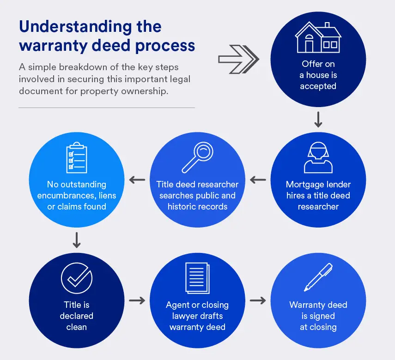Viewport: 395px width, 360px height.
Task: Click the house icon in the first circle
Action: coord(318,37)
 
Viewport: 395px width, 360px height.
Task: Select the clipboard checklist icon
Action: coord(77,159)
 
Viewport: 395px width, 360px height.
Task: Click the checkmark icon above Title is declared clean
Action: coord(77,279)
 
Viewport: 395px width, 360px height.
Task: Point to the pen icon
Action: coord(318,277)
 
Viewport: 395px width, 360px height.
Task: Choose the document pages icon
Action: coord(197,278)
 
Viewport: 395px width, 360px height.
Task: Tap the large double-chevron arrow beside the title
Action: coord(238,59)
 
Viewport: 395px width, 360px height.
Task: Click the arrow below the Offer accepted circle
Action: coord(318,120)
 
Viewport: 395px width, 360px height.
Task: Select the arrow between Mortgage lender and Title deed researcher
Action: coord(258,179)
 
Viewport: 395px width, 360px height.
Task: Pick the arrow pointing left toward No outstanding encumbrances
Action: coord(137,179)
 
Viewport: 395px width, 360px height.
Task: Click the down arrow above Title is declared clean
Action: coord(77,240)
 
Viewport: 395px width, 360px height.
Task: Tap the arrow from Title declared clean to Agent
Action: coord(137,300)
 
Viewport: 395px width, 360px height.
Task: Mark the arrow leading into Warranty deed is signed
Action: coord(258,300)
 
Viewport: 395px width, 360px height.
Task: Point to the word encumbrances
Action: coord(77,196)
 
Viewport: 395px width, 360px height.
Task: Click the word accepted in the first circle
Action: coord(318,86)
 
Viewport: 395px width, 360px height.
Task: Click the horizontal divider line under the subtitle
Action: coord(107,108)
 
